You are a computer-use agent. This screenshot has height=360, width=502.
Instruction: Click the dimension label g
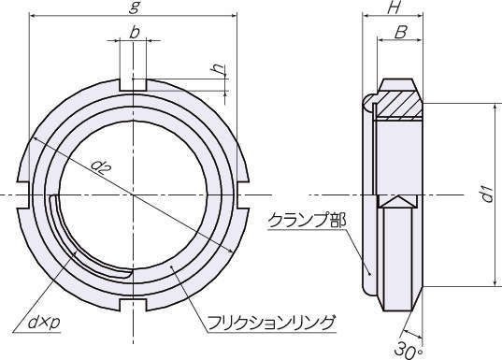(134, 7)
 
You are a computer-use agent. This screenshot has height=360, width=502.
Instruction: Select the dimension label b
(135, 33)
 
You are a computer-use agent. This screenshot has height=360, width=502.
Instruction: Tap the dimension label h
(219, 68)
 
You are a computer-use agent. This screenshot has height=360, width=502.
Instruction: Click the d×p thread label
(44, 322)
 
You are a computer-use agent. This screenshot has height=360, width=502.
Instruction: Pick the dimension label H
(394, 7)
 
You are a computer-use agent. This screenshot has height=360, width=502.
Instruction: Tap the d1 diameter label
(487, 194)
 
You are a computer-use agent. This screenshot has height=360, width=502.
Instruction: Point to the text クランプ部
(307, 221)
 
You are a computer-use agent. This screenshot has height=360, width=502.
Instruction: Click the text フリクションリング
(272, 323)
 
